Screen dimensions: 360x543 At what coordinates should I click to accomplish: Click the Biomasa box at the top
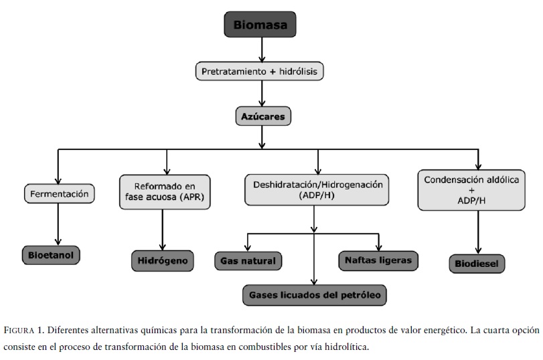[x=263, y=26]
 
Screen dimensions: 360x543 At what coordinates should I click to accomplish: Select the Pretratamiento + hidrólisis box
[x=262, y=70]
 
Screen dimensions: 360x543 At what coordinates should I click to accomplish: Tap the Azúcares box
[x=262, y=117]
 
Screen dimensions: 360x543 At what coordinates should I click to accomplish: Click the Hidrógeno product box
[x=162, y=259]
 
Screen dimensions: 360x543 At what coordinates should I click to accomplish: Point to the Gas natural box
[x=247, y=260]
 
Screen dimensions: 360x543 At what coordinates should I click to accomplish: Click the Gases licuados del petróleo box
[x=314, y=294]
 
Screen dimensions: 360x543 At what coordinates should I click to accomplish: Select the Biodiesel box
[x=477, y=263]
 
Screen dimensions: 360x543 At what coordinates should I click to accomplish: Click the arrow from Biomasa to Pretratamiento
[x=262, y=50]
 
